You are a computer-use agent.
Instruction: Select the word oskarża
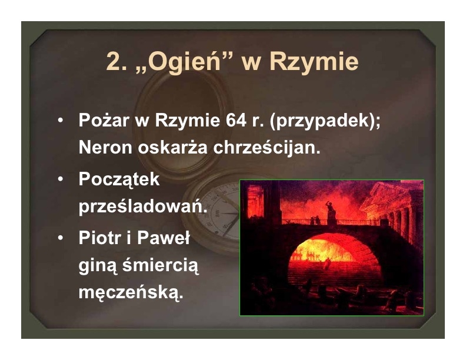172,147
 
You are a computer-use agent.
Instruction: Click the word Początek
119,179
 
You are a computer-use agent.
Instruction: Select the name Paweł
164,238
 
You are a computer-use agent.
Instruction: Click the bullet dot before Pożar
61,121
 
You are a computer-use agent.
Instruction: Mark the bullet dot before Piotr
61,238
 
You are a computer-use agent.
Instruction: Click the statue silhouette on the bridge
331,213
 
